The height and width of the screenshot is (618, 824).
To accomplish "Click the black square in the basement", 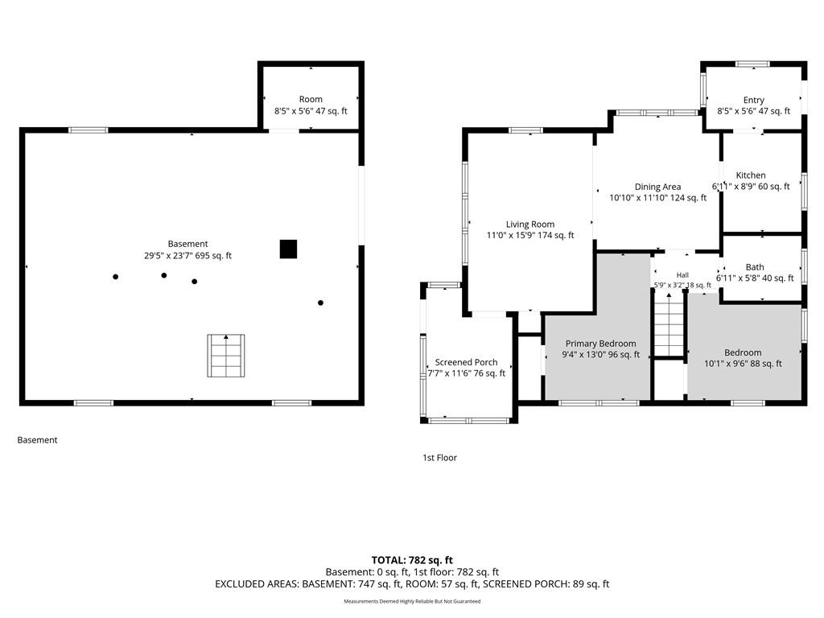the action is click(288, 249).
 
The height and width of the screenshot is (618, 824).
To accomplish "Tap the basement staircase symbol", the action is click(226, 356).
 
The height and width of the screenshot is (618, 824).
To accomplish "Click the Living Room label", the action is click(530, 225).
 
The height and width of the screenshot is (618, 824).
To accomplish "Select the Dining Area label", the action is click(657, 187).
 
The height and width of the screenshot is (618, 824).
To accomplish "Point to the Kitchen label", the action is click(751, 175).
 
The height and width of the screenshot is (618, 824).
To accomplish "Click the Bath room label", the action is click(755, 267).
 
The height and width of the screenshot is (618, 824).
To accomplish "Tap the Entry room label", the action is click(753, 100).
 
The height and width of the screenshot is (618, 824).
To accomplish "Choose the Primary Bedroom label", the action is click(600, 344).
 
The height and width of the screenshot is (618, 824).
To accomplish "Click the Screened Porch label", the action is click(466, 362).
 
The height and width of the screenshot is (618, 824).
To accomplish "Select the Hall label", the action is click(682, 275).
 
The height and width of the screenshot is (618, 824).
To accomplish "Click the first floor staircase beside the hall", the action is click(669, 326).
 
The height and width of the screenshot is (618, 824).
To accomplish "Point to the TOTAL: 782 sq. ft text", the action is click(412, 560).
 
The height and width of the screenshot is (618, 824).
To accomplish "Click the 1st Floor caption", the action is click(440, 458).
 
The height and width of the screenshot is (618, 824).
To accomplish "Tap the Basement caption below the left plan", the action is click(37, 440).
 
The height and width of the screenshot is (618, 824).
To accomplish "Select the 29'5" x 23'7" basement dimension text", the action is click(187, 256).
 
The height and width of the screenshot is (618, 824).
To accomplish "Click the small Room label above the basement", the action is click(311, 99).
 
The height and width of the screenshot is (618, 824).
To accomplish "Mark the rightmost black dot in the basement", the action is click(320, 303).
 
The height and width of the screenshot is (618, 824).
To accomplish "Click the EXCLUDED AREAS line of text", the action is click(412, 584).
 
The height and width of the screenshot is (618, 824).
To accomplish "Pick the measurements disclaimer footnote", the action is click(412, 601).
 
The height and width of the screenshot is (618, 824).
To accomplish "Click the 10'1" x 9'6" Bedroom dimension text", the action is click(743, 364).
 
